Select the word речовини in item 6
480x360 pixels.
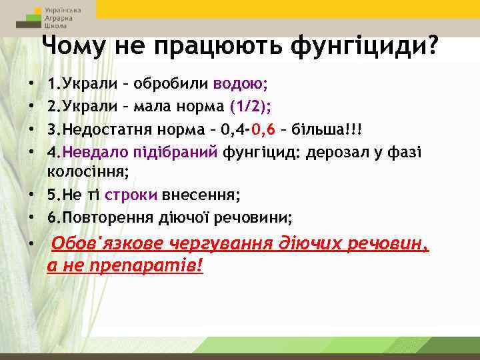coord(259,217)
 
